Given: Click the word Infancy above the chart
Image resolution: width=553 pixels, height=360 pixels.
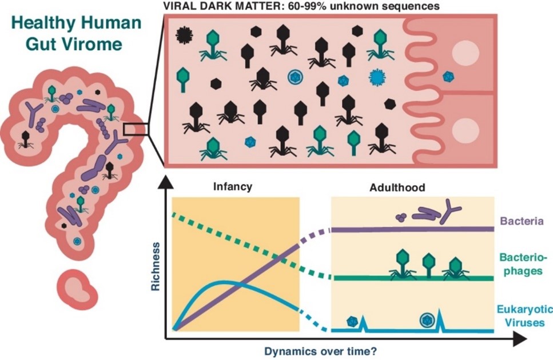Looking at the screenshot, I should pos(233,187).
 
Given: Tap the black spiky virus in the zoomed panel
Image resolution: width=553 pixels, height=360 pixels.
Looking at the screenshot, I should pos(184,35).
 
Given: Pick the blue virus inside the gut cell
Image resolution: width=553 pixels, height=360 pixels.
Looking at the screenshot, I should pos(447,75).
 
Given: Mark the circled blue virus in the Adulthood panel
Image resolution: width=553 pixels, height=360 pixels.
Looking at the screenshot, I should pos(426,319).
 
